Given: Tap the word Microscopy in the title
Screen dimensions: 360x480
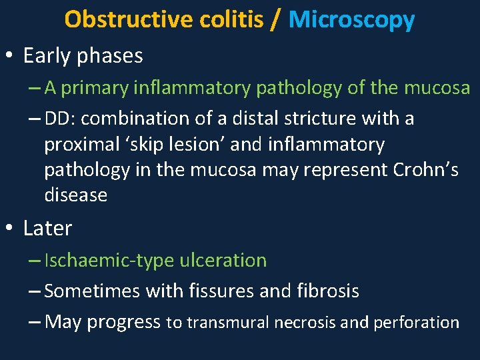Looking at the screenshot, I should [x=352, y=19].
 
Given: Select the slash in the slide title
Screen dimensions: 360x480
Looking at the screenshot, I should [x=276, y=19].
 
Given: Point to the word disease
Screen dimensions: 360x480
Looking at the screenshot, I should [x=75, y=195].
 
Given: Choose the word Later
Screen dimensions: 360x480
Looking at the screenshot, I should [x=47, y=228].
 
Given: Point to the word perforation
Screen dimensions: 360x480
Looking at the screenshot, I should [x=416, y=323].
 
